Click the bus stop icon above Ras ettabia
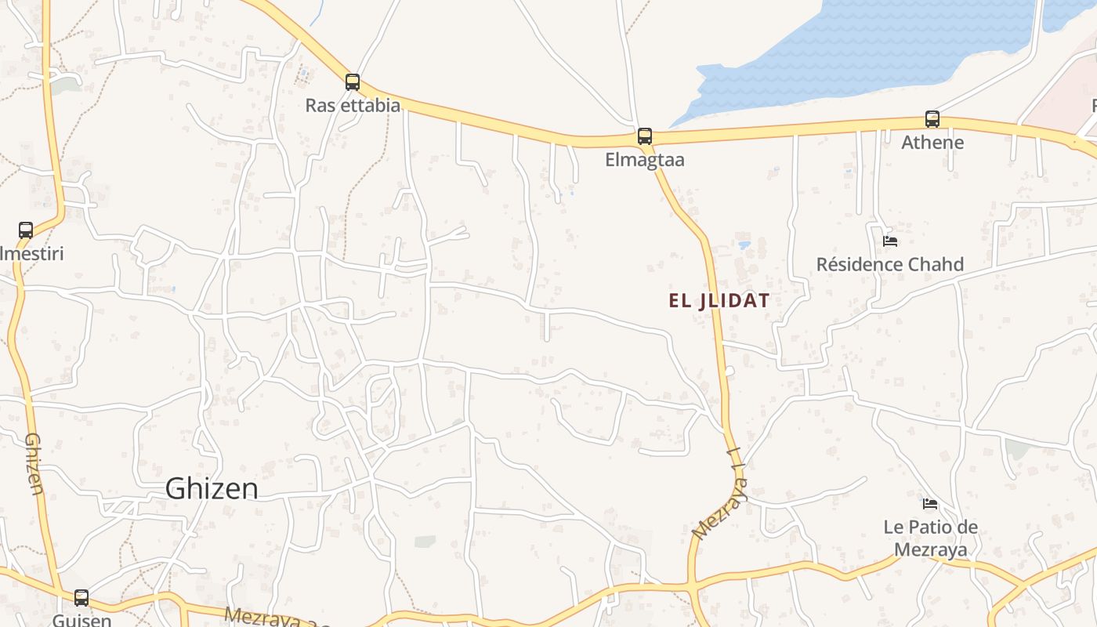pyautogui.click(x=353, y=82)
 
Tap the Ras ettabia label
pyautogui.click(x=353, y=105)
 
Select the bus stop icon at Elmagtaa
pyautogui.click(x=644, y=136)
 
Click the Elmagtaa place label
pyautogui.click(x=644, y=160)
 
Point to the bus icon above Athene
pyautogui.click(x=932, y=119)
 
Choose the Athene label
pyautogui.click(x=932, y=143)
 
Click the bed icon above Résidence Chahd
pyautogui.click(x=889, y=241)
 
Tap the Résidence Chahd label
pyautogui.click(x=889, y=264)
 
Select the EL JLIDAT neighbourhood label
pyautogui.click(x=719, y=300)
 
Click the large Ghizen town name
pyautogui.click(x=212, y=488)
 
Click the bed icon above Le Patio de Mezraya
pyautogui.click(x=930, y=503)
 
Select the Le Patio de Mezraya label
pyautogui.click(x=930, y=538)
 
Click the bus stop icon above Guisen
pyautogui.click(x=81, y=598)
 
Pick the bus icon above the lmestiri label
pyautogui.click(x=26, y=230)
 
